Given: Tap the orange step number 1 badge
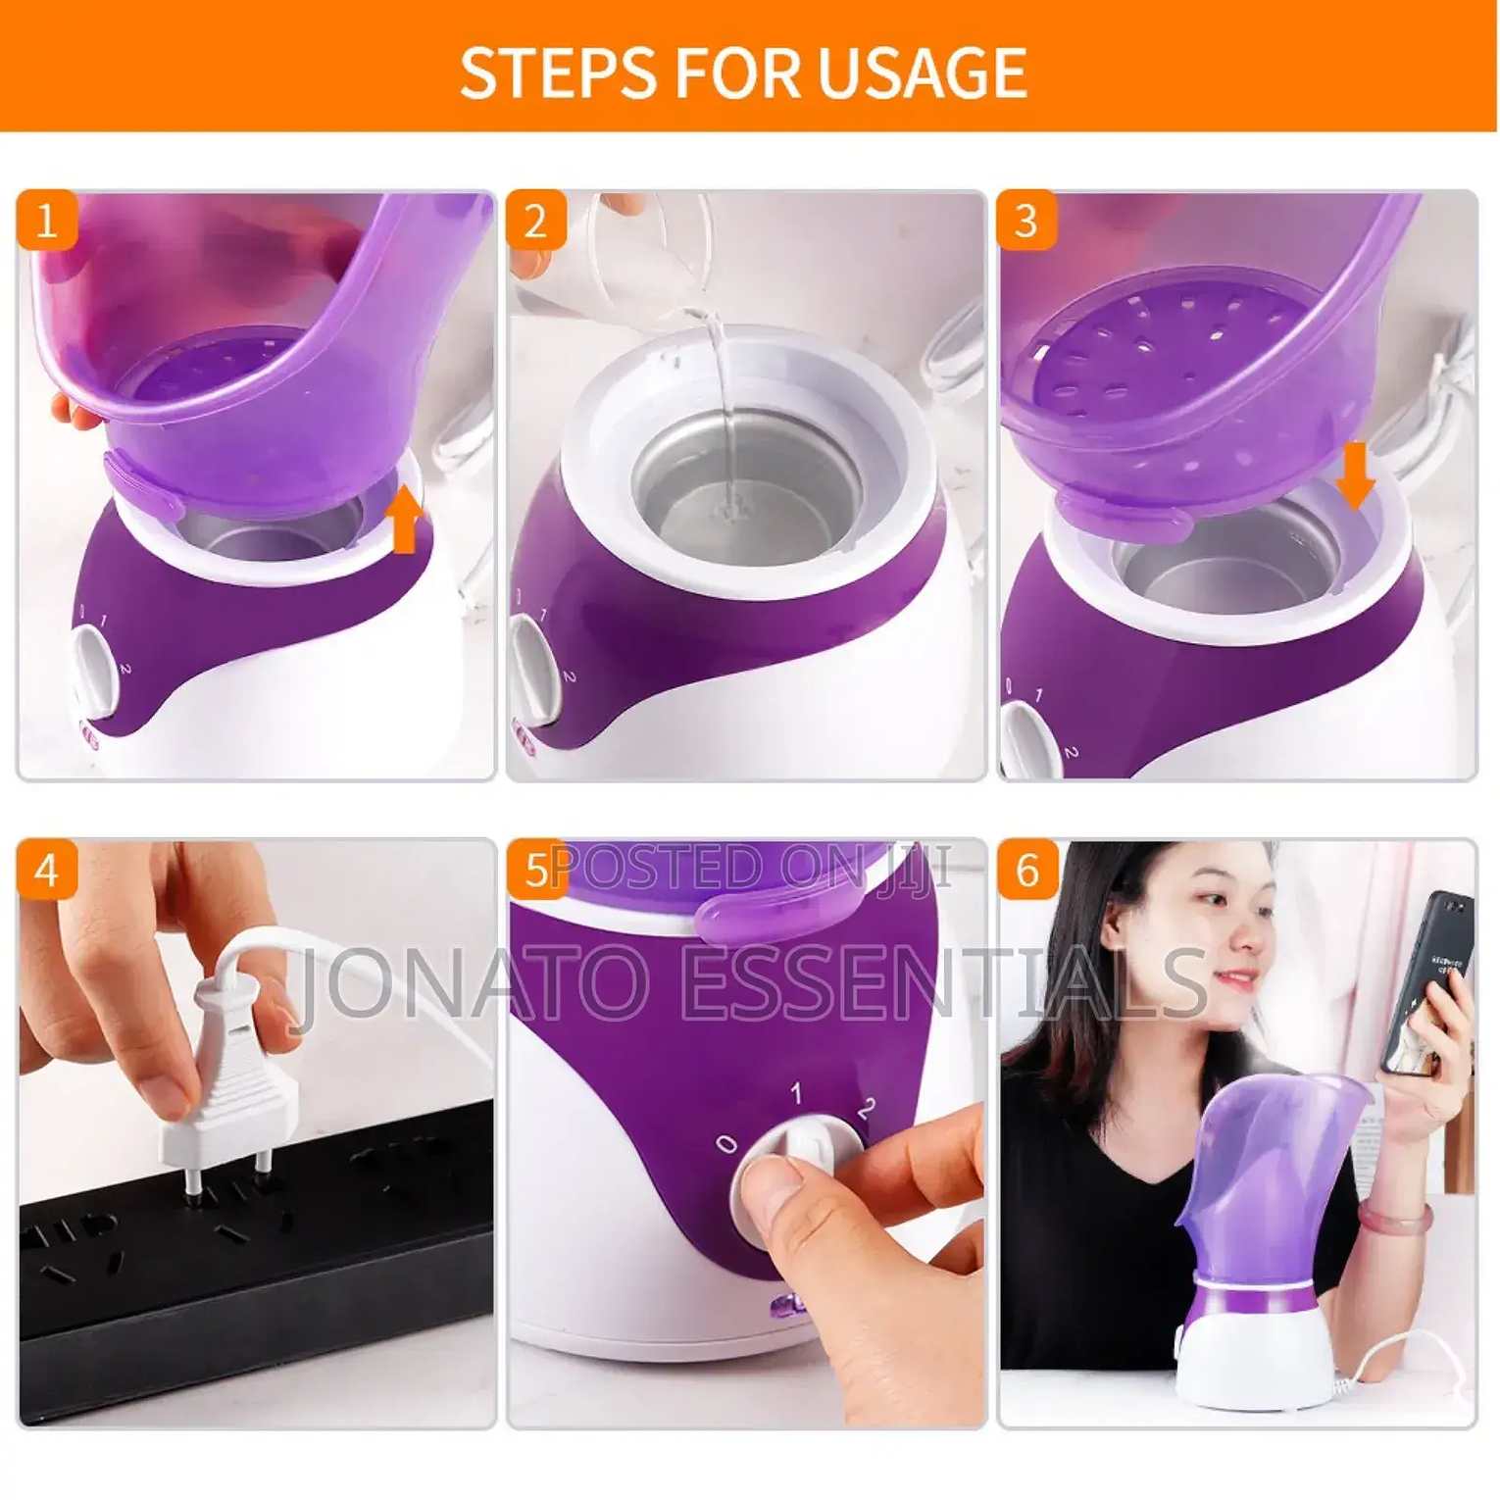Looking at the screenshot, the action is (46, 221).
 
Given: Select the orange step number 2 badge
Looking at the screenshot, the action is (535, 221).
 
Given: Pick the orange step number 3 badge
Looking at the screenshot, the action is (1026, 221).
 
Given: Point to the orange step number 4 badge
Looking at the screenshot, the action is (46, 870).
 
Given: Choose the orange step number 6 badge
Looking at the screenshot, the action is (1026, 870).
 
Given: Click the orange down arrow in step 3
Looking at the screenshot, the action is (1355, 476).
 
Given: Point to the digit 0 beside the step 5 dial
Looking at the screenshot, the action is (725, 1143).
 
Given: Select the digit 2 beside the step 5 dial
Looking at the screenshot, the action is (866, 1109).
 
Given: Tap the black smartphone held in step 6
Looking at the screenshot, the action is (1427, 980).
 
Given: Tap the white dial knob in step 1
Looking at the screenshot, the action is (91, 667).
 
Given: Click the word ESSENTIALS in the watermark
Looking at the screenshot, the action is (942, 980).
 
